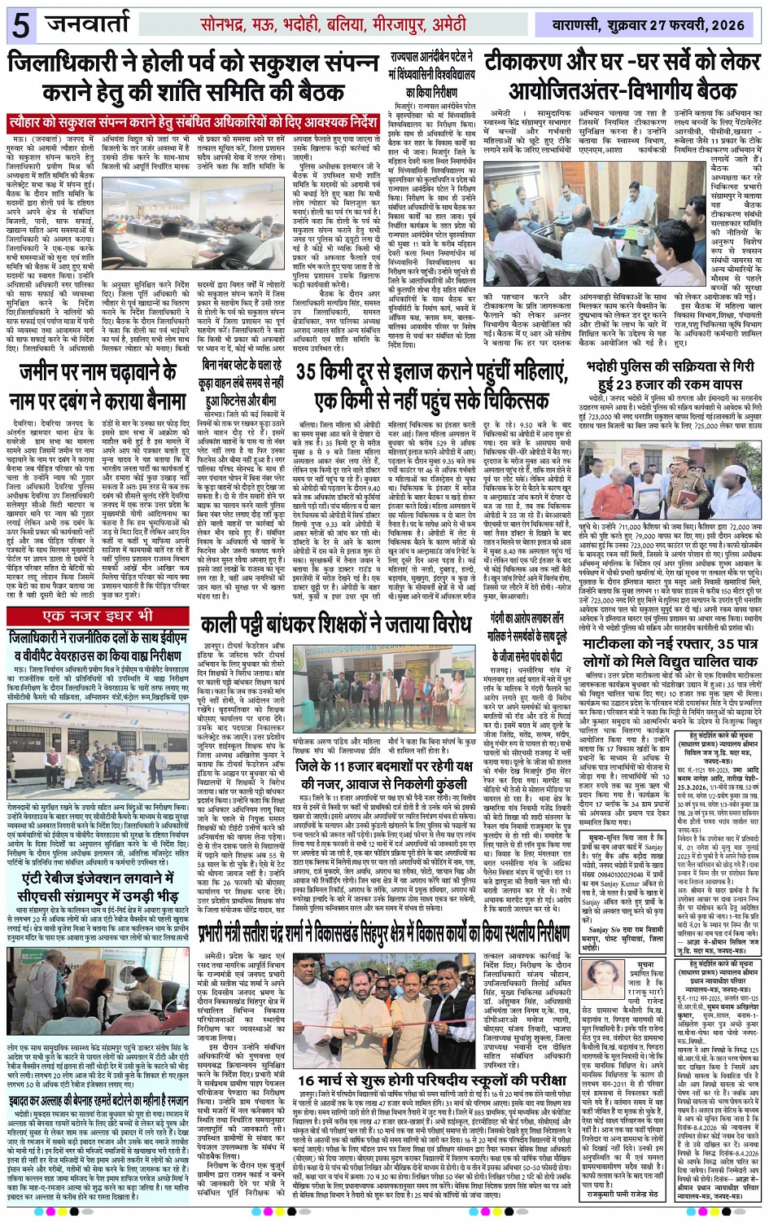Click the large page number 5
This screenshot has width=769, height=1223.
tap(20, 24)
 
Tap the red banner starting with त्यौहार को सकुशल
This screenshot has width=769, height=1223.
tap(193, 124)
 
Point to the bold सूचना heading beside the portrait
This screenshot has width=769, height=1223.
tap(645, 964)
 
